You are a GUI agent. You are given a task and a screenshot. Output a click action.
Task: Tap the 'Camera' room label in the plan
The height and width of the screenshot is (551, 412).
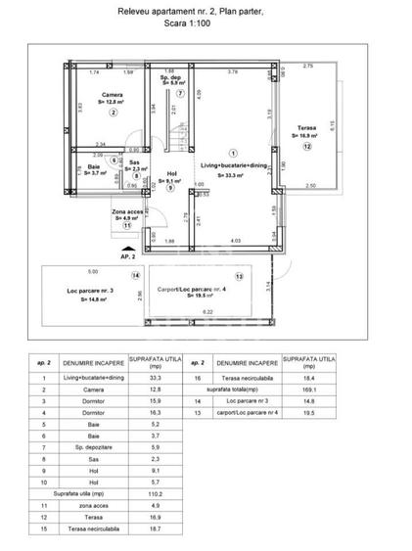tap(112, 94)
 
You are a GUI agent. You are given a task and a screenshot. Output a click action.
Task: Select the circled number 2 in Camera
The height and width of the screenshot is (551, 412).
tap(113, 113)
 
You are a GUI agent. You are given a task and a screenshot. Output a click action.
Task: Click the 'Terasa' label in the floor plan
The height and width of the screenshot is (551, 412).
tap(304, 128)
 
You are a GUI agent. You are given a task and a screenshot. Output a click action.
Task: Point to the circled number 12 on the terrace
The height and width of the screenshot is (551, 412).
tap(305, 148)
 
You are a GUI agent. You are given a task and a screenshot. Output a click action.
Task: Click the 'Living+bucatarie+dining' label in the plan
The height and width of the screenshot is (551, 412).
tap(232, 167)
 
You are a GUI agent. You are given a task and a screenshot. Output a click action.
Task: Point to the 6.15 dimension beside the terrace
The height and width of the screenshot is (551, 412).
tap(333, 125)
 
